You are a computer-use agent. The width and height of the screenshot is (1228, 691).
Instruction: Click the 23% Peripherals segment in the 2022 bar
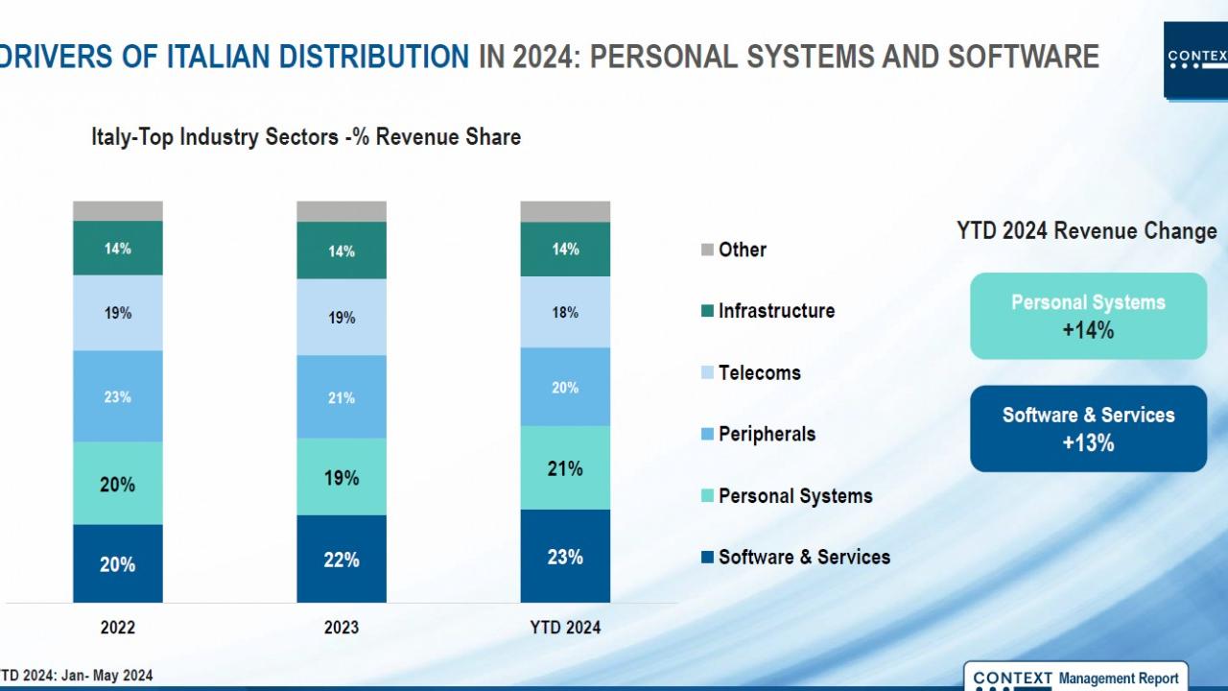coord(118,396)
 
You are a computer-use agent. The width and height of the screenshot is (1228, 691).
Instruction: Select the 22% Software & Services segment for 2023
coord(342,560)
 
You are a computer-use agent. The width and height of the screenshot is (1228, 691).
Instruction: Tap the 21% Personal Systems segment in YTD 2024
coord(565,468)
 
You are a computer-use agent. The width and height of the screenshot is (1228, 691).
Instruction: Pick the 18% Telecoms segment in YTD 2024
coord(565,313)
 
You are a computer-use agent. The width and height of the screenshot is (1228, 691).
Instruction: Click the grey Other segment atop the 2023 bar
coord(342,211)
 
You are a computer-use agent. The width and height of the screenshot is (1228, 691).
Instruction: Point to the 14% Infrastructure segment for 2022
coord(118,249)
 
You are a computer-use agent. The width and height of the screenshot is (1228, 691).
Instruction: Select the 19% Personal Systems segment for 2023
coord(342,477)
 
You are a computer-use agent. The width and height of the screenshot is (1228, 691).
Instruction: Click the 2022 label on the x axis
coord(118,628)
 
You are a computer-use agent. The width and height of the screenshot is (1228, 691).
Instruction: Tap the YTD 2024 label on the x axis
coord(565,628)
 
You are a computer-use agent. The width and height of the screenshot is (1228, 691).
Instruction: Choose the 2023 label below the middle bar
coord(342,628)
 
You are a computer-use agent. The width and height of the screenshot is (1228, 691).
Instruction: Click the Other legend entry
coord(734,250)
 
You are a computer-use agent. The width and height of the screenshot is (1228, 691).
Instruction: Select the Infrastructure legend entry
coord(767,311)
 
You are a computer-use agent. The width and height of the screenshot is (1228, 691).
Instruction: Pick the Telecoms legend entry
coord(751,372)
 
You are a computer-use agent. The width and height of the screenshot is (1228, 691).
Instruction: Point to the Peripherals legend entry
coord(758,434)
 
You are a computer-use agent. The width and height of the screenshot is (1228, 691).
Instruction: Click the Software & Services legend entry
coord(795,557)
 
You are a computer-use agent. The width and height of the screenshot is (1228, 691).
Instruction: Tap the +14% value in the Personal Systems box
coord(1088,331)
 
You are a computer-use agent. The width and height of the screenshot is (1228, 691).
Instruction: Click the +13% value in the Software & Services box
coord(1088,443)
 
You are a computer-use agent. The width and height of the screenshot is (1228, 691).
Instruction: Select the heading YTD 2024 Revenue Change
coord(1086,231)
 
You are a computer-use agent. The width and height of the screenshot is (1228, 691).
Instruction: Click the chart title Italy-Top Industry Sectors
coord(306,137)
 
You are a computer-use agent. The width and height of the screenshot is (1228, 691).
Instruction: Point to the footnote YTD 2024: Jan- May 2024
coord(77,676)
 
